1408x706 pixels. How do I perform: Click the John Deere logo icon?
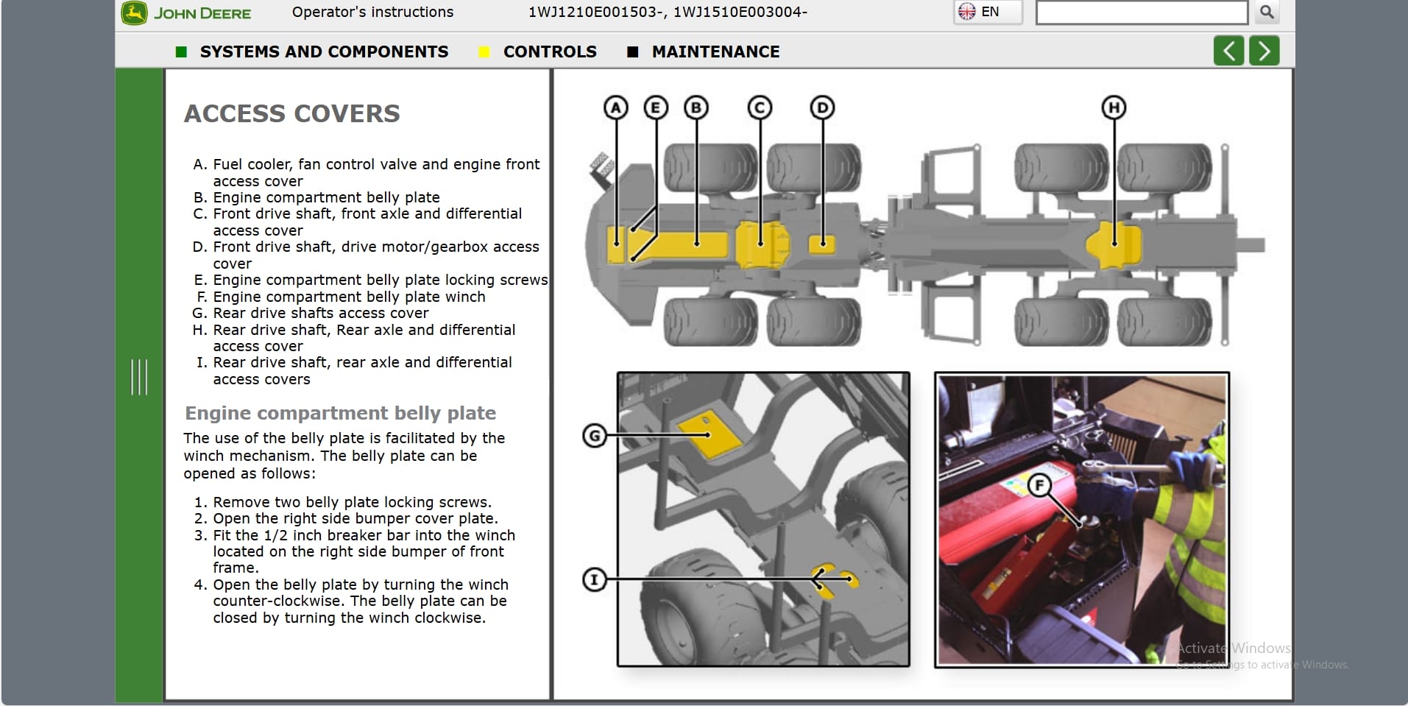point(135,13)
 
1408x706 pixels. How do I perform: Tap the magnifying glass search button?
point(1267,13)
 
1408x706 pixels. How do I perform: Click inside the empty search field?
point(1141,13)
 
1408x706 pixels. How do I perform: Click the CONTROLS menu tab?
point(549,52)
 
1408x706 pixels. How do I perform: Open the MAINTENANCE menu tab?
point(715,52)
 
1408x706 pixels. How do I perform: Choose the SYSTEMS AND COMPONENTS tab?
point(323,52)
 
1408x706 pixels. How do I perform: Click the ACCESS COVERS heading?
point(292,113)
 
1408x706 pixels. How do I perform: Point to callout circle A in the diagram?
point(616,108)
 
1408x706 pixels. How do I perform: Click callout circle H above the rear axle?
point(1114,108)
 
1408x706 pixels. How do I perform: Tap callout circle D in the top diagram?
point(822,108)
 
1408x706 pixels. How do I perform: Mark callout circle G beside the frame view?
point(595,436)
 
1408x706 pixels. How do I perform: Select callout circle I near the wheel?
point(595,579)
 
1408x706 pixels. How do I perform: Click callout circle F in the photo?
point(1039,485)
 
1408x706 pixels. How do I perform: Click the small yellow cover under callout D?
point(822,244)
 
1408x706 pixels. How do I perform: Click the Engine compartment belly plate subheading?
point(340,413)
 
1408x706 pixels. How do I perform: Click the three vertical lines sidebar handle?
point(139,377)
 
